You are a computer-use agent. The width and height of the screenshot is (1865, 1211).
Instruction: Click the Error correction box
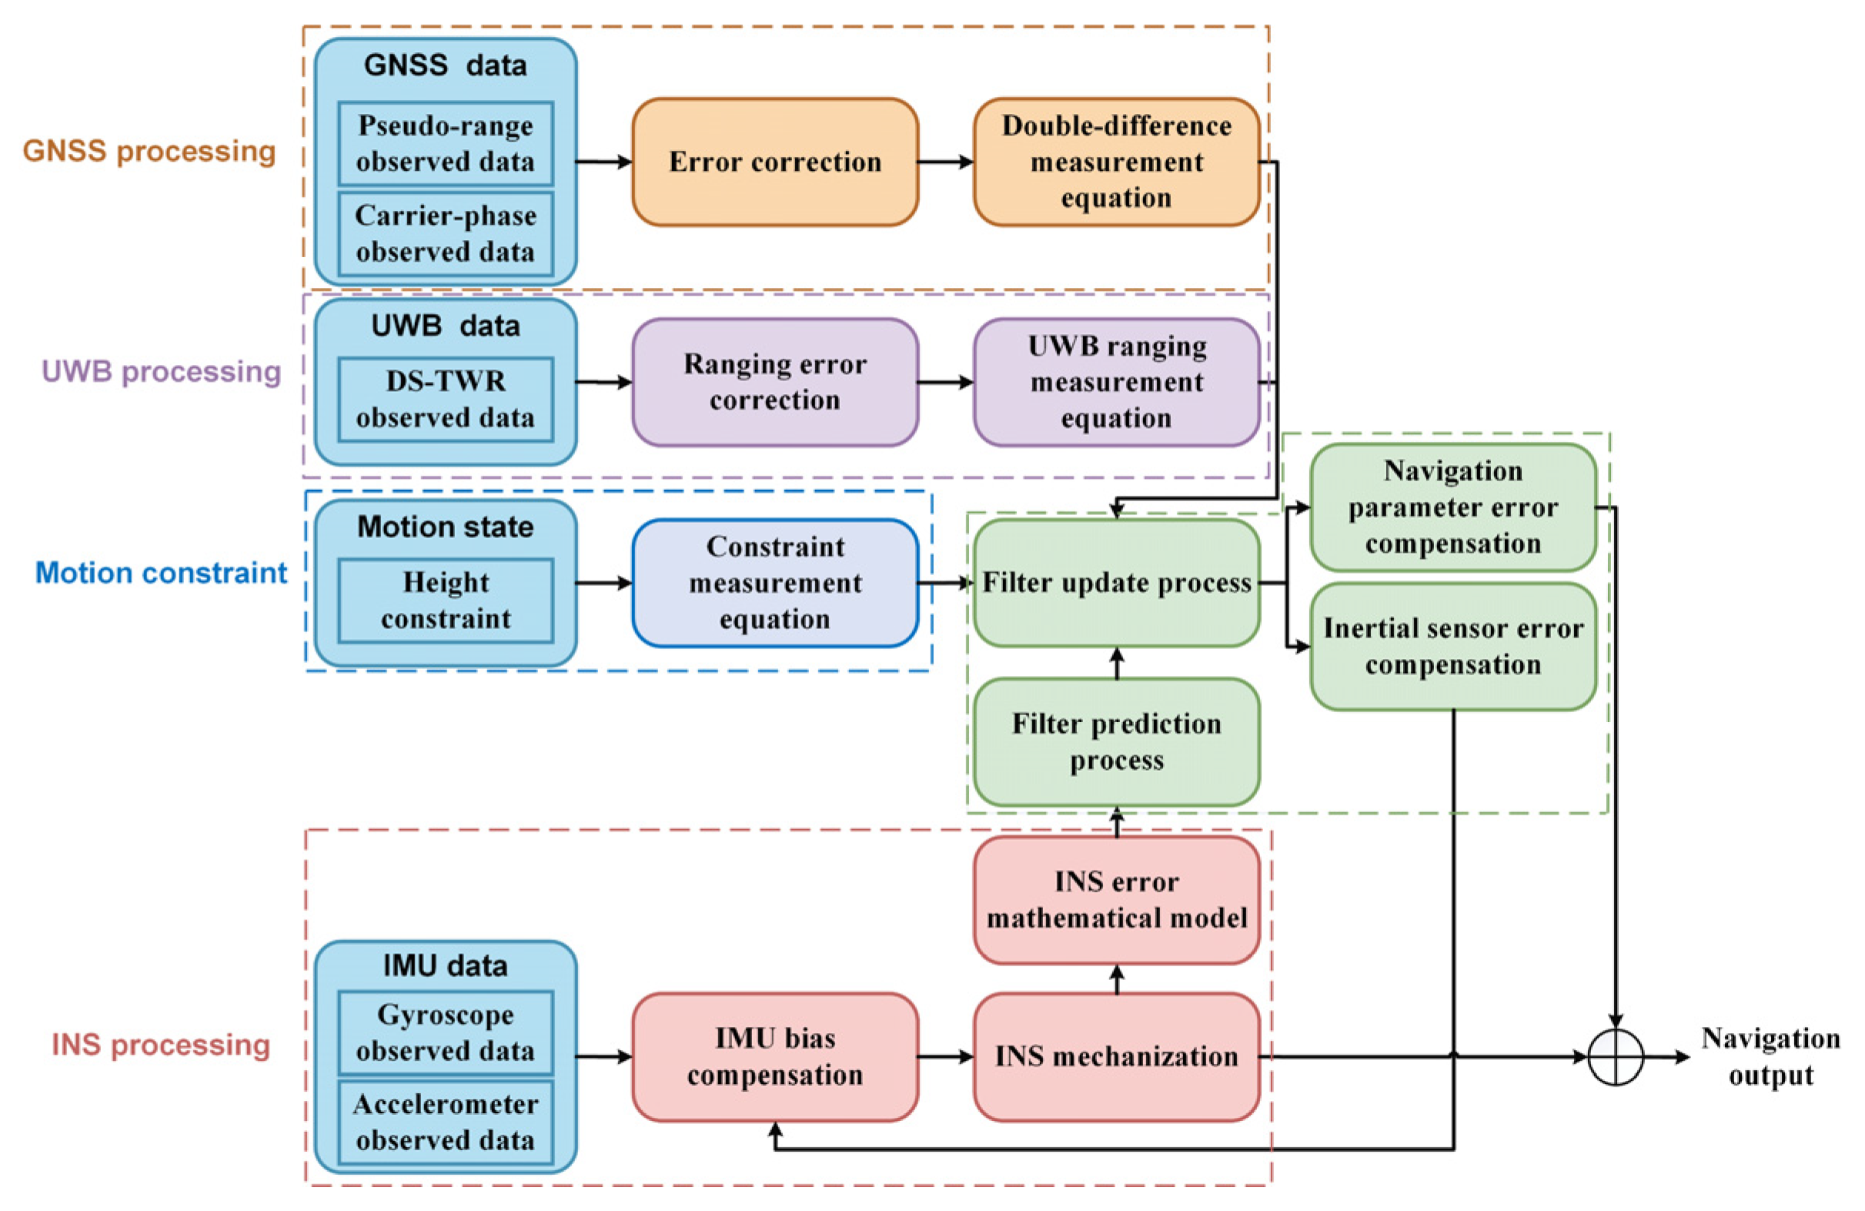(x=774, y=162)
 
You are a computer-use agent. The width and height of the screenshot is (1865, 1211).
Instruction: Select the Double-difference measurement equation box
(x=1116, y=162)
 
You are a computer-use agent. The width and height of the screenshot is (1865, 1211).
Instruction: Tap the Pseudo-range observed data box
(x=445, y=143)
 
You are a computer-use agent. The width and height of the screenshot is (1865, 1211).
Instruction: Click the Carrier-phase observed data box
(x=445, y=233)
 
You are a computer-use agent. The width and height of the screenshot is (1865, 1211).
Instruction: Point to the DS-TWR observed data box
(x=445, y=400)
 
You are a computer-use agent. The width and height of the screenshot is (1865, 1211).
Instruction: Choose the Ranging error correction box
(x=774, y=383)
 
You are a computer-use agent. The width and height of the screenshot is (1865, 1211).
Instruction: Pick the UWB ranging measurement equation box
(x=1116, y=383)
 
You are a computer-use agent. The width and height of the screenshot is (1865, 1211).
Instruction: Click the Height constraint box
(x=445, y=600)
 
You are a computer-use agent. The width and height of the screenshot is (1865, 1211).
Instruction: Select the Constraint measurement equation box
(x=774, y=583)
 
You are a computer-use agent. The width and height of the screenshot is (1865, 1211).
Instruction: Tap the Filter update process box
(x=1116, y=583)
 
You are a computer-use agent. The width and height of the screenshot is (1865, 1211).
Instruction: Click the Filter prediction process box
(x=1116, y=741)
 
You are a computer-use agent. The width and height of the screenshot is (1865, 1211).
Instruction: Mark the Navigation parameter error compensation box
(x=1452, y=507)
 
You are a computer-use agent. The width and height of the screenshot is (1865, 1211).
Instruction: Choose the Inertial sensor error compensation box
(x=1452, y=647)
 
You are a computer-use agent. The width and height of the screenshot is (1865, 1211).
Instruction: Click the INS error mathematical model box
(x=1116, y=900)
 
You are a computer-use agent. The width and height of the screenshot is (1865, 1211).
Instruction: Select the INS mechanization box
(x=1116, y=1056)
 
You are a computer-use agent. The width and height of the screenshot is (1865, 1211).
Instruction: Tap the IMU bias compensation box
(x=774, y=1056)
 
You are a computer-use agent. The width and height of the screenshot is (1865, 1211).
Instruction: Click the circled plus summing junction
(x=1615, y=1056)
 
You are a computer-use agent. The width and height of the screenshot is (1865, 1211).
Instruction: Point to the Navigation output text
(x=1770, y=1056)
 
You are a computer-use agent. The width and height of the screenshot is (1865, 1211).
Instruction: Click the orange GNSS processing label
(x=149, y=151)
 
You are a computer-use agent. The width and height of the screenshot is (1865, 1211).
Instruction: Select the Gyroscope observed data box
(x=445, y=1032)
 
